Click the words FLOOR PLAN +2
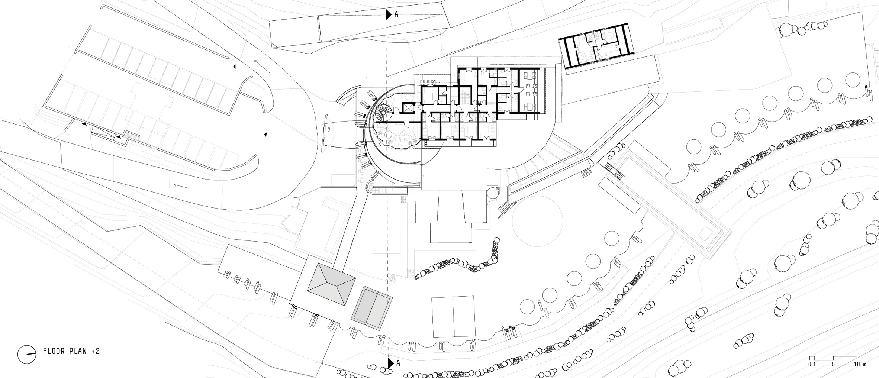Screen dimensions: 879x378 pos(71,351)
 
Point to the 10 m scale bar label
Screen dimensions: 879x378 pos(860,364)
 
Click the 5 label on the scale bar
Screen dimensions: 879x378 pos(833,364)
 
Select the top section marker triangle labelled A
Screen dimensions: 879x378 pos(389,14)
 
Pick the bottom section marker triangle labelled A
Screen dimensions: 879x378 pos(390,363)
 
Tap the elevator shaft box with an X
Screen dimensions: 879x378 pos(408,109)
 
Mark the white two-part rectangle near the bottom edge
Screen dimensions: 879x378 pos(453,316)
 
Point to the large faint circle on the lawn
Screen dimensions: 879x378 pos(537,221)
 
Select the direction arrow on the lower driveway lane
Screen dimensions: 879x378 pos(181,185)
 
